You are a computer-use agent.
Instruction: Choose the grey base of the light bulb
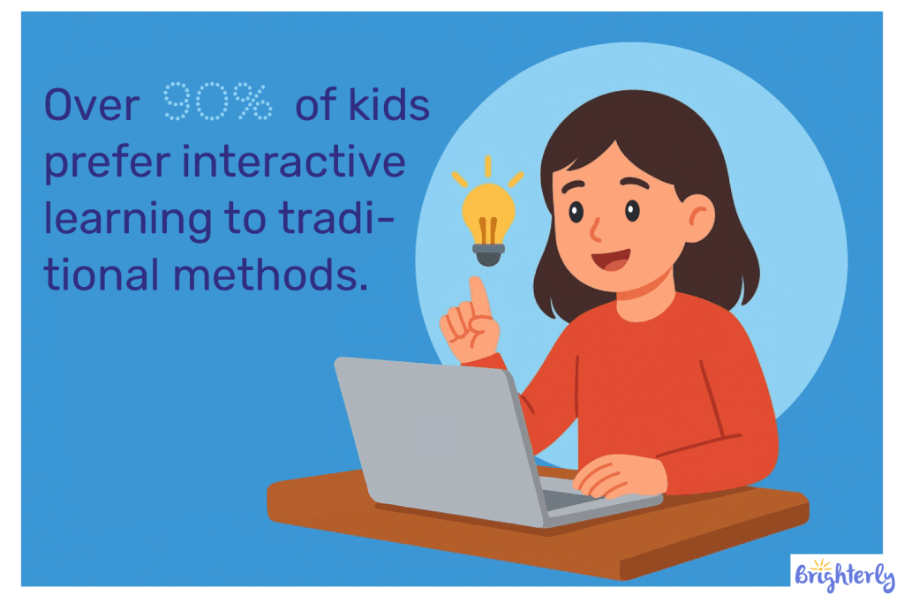coord(487,253)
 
